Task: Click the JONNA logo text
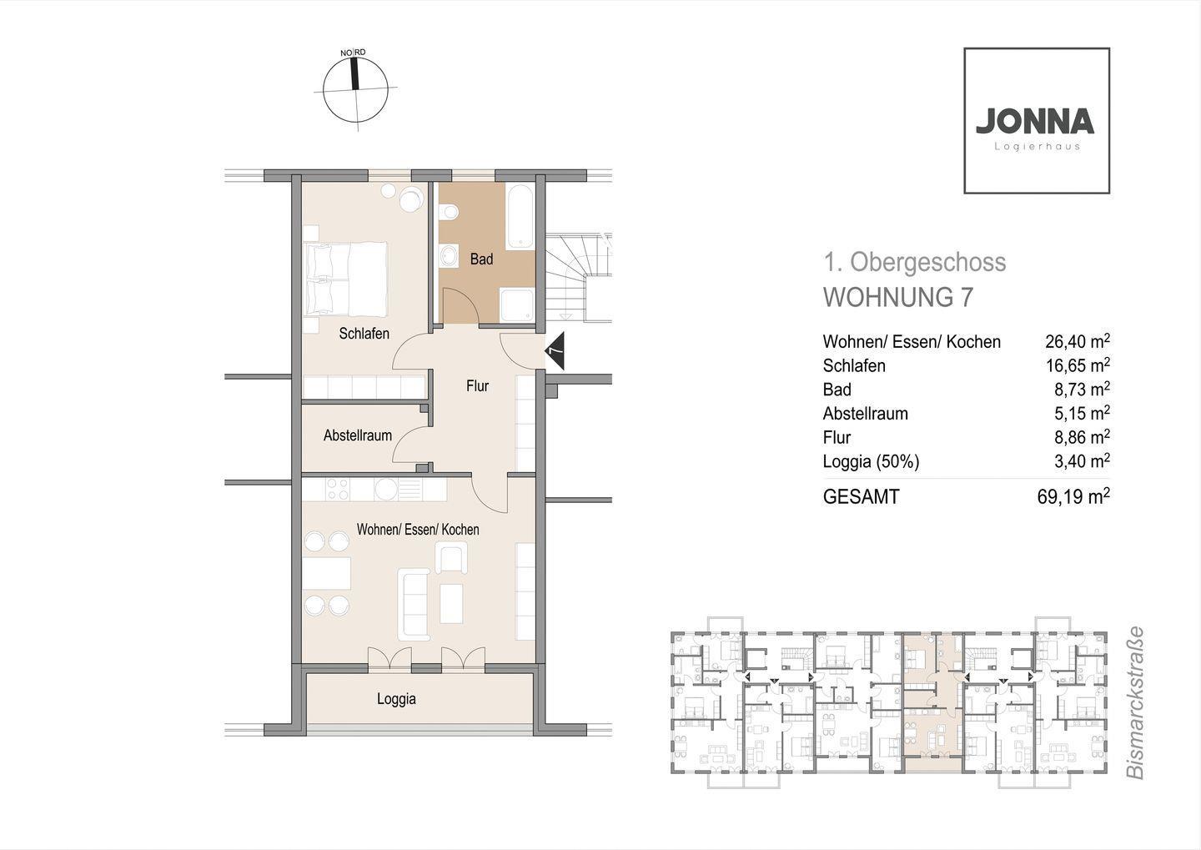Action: [1035, 121]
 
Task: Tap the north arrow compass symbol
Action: [355, 88]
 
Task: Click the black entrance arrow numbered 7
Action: [555, 350]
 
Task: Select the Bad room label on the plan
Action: [481, 259]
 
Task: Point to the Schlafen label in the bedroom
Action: [364, 334]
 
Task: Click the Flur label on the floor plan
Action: [477, 386]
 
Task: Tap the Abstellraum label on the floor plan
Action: [358, 435]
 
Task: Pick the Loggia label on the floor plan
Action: [396, 699]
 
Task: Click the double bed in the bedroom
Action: [345, 279]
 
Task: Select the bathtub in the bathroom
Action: [520, 216]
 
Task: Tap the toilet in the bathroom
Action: [448, 213]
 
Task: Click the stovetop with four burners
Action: [338, 489]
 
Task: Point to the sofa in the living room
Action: [414, 604]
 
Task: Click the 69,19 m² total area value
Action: [1073, 496]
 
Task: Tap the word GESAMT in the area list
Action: [861, 497]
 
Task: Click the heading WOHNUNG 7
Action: [897, 298]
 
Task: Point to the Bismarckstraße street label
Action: [1134, 703]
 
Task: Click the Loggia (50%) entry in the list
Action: [871, 462]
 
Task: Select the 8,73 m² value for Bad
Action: [1082, 390]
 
